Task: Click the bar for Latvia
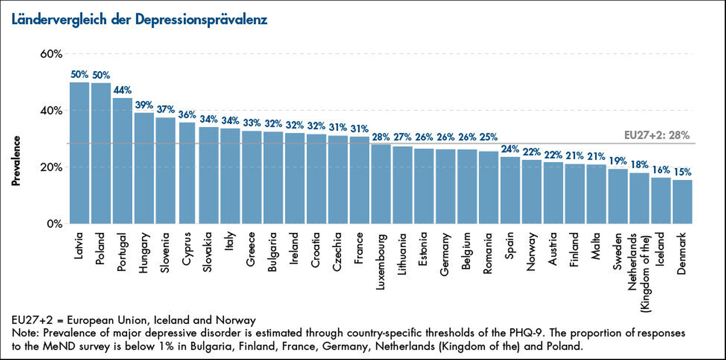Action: tap(79, 153)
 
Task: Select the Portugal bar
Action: tap(122, 161)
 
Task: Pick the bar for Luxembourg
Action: tap(381, 184)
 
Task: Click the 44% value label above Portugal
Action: tap(122, 90)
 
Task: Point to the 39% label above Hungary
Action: tap(144, 105)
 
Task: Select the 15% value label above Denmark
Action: tap(682, 172)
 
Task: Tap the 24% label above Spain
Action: tap(510, 149)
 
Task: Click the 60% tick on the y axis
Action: tap(51, 54)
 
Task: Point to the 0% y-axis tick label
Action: tap(54, 224)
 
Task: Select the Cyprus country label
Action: tap(186, 249)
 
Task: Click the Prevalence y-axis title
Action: tap(16, 161)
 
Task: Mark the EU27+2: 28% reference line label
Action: tap(656, 135)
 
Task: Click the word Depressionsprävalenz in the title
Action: tap(201, 19)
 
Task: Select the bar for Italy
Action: tap(230, 176)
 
